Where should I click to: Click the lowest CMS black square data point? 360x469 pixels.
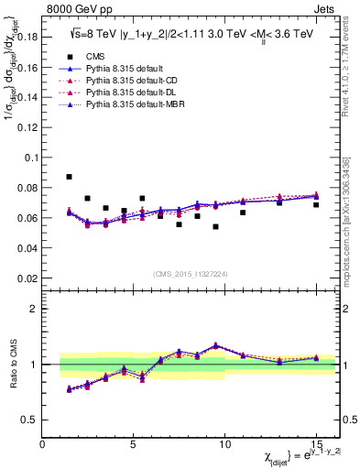[x=215, y=226]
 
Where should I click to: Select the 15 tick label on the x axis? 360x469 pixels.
[x=315, y=444]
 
